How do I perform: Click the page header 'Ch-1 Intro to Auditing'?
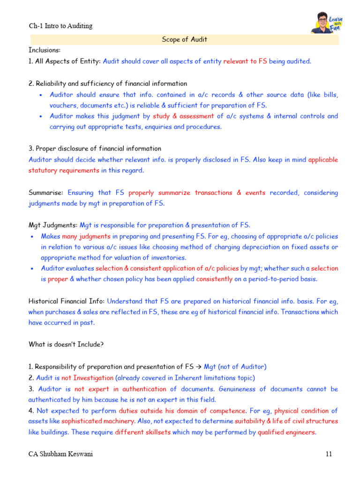60,26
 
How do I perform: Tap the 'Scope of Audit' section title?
184,39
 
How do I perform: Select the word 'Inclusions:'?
45,50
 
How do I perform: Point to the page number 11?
328,454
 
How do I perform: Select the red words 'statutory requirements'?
64,170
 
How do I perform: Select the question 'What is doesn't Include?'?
66,345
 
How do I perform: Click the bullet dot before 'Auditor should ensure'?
41,95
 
